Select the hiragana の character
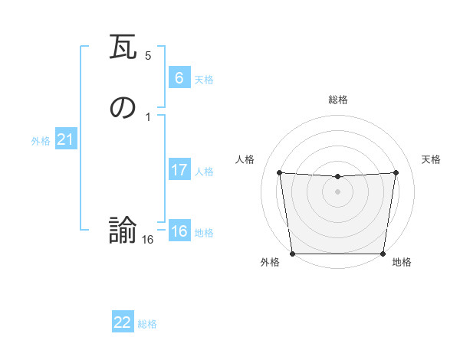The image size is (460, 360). click(123, 108)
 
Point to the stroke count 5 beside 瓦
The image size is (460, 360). click(148, 56)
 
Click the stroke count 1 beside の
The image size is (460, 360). click(148, 116)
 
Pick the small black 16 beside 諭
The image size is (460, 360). click(148, 239)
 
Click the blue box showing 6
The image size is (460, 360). click(179, 77)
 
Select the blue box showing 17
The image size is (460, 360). click(179, 170)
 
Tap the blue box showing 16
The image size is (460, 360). click(179, 231)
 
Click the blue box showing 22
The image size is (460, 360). click(123, 322)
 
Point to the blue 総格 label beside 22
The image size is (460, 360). click(147, 324)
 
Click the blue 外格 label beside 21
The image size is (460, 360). click(41, 141)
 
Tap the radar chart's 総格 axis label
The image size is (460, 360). click(338, 100)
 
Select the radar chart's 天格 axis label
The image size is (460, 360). click(431, 159)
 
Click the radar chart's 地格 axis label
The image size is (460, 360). click(401, 263)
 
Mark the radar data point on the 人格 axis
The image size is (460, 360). click(280, 172)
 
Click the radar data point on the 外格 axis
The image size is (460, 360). click(292, 254)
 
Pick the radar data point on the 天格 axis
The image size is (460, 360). click(396, 172)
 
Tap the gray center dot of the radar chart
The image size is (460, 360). click(337, 191)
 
